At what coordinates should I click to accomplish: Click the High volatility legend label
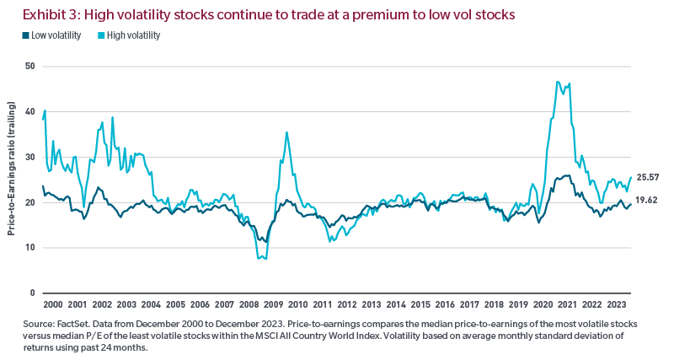click(x=133, y=35)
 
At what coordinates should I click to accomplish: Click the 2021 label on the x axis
click(x=568, y=304)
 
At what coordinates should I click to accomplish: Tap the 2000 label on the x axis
click(x=52, y=304)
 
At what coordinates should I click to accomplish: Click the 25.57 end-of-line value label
click(x=648, y=177)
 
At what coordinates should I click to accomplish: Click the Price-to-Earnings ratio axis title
click(x=12, y=179)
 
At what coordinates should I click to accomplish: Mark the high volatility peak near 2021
click(x=558, y=82)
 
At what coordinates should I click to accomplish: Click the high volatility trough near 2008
click(x=261, y=257)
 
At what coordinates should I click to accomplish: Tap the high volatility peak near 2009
click(x=286, y=132)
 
